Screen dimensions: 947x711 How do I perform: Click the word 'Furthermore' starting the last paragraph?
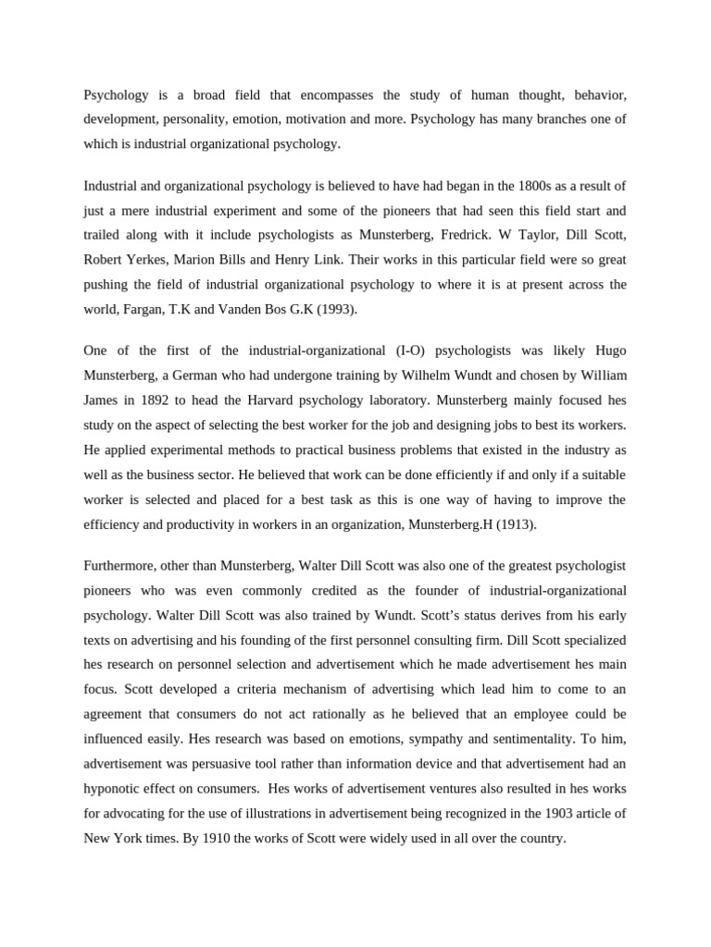click(121, 565)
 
